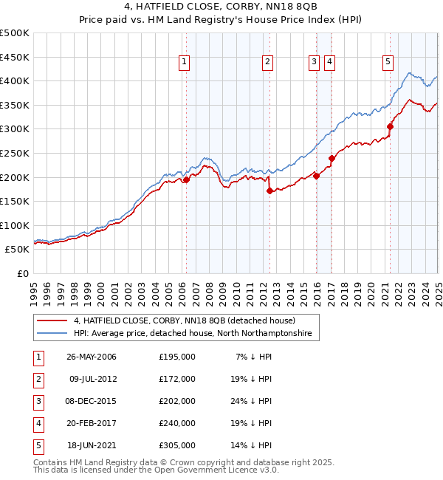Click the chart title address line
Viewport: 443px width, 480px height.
[x=221, y=8]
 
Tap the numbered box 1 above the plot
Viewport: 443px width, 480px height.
[x=183, y=62]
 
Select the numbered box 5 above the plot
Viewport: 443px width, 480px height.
[x=388, y=62]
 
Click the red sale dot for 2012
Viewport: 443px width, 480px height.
[x=269, y=191]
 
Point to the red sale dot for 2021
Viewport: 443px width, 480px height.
[x=390, y=126]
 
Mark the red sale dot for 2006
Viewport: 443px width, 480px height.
[x=186, y=179]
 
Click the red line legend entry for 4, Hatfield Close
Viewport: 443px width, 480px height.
[x=184, y=320]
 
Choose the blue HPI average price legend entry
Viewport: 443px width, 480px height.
[x=193, y=334]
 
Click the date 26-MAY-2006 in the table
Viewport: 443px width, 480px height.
[x=92, y=357]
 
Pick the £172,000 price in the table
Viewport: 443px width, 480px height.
[x=177, y=379]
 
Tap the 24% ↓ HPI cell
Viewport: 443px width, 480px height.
[x=251, y=401]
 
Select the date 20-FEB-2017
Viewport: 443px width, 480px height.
[x=92, y=423]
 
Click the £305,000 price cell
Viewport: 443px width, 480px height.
[x=177, y=445]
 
